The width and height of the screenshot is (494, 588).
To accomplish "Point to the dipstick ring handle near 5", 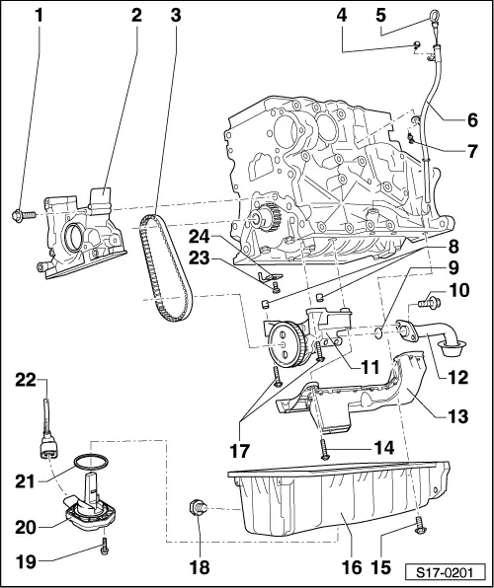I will pyautogui.click(x=433, y=15).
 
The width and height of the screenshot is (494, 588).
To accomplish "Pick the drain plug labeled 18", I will pyautogui.click(x=197, y=510).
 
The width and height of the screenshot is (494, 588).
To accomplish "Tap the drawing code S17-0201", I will pyautogui.click(x=445, y=570).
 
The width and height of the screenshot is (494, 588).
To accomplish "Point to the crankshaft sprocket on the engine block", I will pyautogui.click(x=265, y=222).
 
